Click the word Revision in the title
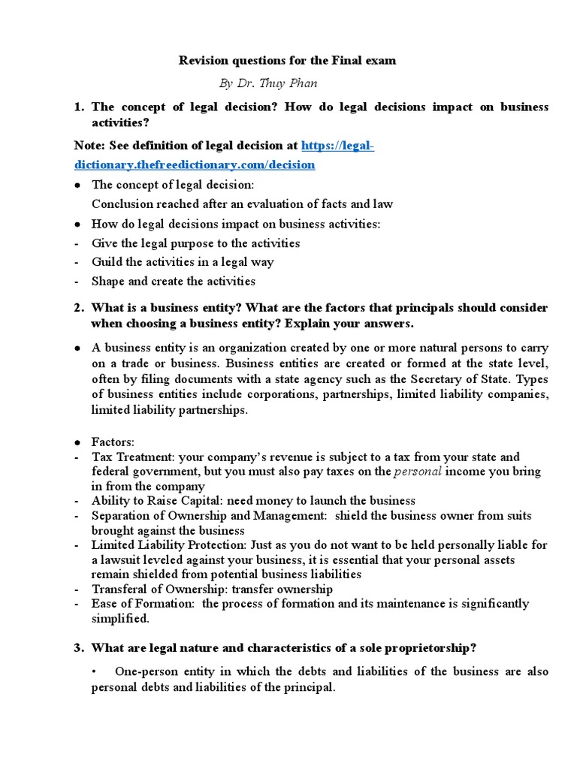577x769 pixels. click(202, 60)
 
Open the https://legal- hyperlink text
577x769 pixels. click(337, 145)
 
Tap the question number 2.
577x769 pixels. click(78, 308)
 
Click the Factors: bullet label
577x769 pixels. click(113, 442)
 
